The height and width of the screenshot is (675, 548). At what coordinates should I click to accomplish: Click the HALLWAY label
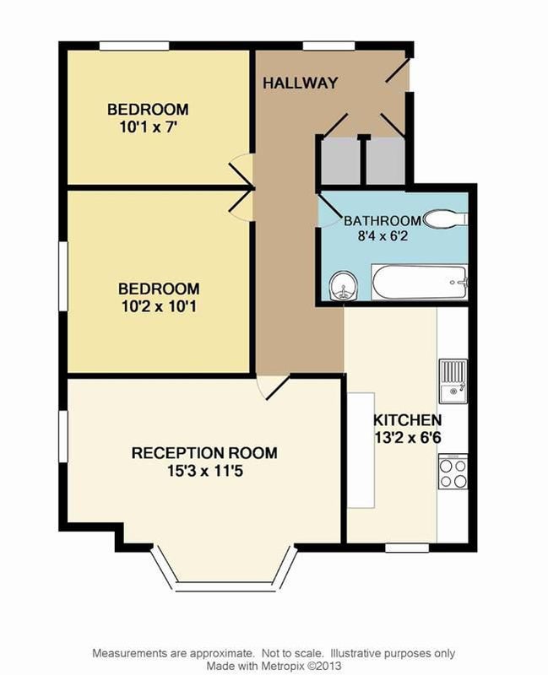(301, 83)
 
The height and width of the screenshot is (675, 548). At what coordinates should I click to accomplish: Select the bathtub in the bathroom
(420, 283)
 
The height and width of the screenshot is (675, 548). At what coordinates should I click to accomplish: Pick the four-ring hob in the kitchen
(453, 472)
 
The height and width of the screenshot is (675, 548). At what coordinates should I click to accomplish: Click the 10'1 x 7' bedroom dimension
(148, 128)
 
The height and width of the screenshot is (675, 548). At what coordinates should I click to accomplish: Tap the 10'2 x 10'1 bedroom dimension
(159, 307)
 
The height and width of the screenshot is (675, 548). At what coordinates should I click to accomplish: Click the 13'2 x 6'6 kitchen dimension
(408, 438)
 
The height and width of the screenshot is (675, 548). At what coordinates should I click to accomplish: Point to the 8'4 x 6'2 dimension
(383, 236)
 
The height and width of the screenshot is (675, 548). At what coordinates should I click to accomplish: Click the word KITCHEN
(407, 419)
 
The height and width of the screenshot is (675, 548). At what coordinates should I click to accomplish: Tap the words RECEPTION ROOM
(204, 453)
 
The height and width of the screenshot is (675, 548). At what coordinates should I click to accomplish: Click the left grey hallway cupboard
(341, 160)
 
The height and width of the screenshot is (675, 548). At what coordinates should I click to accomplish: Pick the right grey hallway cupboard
(386, 160)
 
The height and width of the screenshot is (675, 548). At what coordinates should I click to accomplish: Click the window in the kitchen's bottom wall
(407, 548)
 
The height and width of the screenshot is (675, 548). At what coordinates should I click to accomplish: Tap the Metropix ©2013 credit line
(274, 666)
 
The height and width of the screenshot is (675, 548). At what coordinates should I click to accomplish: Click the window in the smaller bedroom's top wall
(134, 46)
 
